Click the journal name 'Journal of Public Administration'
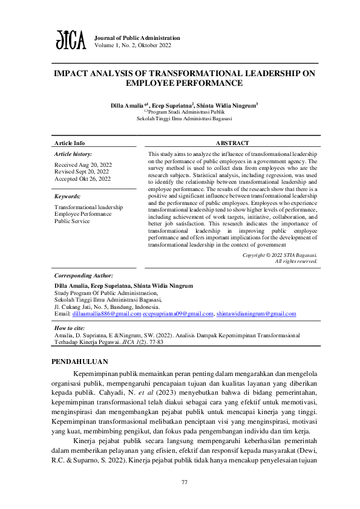pos(137,37)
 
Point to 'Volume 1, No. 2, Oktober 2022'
pos(133,45)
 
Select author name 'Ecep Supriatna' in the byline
pos(172,105)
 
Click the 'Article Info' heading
pos(70,143)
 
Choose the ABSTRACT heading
pos(232,143)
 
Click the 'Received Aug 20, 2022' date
pos(83,164)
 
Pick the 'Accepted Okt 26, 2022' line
pos(83,179)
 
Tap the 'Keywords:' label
pos(67,196)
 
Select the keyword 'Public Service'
pos(73,221)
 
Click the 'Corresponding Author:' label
pos(83,275)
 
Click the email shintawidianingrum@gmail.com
pos(257,314)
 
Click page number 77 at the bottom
pos(185,482)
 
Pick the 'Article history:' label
pos(73,155)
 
